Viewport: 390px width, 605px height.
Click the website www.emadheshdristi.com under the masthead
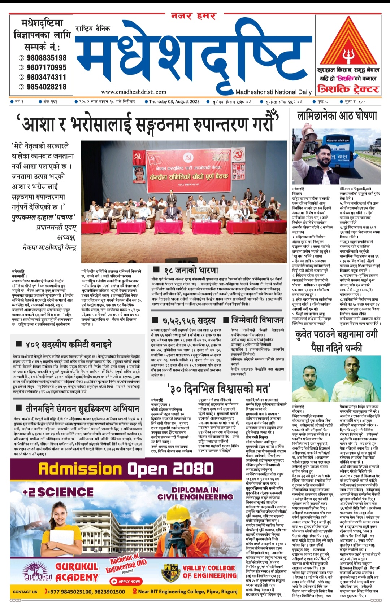tap(134, 92)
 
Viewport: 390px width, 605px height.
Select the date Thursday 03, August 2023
tap(174, 102)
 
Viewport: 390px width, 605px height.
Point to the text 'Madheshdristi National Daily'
tap(273, 92)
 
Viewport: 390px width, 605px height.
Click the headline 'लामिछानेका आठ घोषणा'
tap(337, 116)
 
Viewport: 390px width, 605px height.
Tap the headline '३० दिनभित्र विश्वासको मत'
tap(219, 389)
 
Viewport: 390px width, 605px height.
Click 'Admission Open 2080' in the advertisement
tap(126, 469)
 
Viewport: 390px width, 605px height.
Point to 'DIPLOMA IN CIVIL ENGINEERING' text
tap(195, 493)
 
